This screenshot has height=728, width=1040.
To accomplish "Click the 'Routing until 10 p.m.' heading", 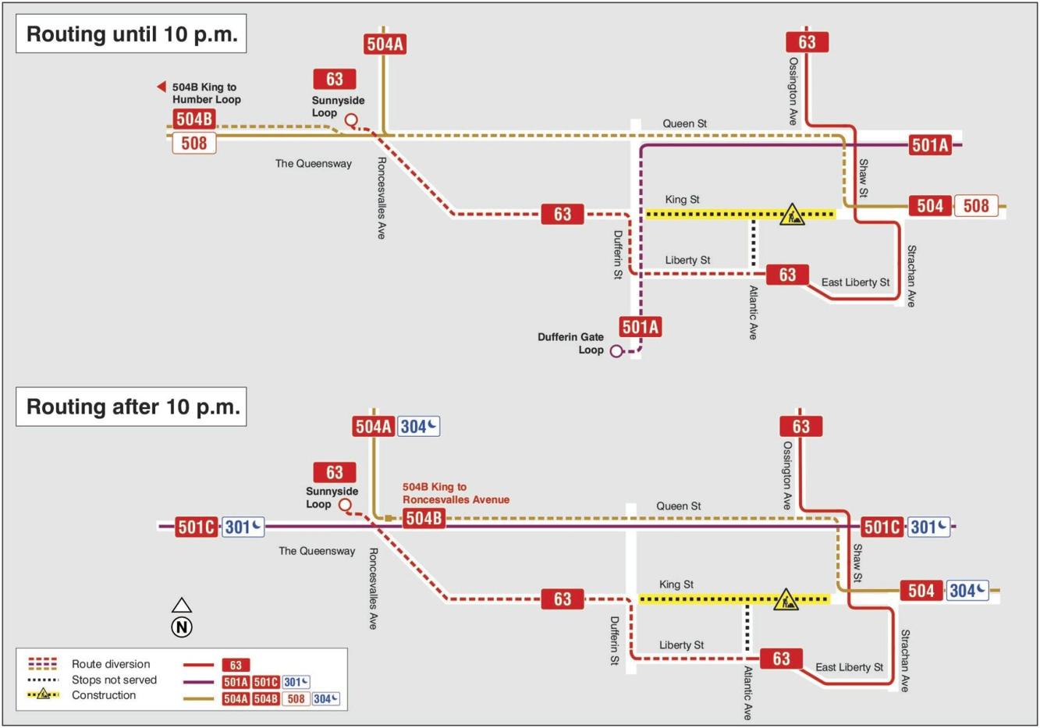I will [131, 34].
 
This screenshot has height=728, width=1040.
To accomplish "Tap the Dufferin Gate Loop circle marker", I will [616, 351].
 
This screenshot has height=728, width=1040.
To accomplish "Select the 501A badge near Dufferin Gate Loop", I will [641, 327].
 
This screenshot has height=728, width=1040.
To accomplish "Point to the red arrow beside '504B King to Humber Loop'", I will [162, 87].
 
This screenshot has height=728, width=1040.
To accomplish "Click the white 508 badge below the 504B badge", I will [194, 144].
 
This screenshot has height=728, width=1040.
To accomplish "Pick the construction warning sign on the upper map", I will [792, 214].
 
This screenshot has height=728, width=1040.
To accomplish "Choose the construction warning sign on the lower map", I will [786, 599].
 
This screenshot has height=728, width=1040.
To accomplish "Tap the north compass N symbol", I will [182, 627].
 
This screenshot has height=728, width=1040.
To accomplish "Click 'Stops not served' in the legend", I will [114, 680].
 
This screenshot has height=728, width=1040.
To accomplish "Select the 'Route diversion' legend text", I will [111, 664].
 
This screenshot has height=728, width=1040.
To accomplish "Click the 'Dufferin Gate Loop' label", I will [570, 343].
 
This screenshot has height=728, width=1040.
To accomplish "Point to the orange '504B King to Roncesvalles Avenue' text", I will [456, 493].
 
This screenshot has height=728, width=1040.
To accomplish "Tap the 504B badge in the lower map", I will [424, 519].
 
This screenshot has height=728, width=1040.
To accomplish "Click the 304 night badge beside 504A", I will [419, 427].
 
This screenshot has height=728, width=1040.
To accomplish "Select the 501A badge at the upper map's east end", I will [930, 145].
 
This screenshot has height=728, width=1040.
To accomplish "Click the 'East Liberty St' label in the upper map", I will [855, 282].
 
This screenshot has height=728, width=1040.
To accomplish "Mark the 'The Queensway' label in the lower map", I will [317, 551].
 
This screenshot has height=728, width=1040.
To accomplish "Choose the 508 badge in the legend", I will [296, 699].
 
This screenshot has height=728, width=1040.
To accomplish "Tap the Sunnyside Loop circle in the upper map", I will [351, 120].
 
